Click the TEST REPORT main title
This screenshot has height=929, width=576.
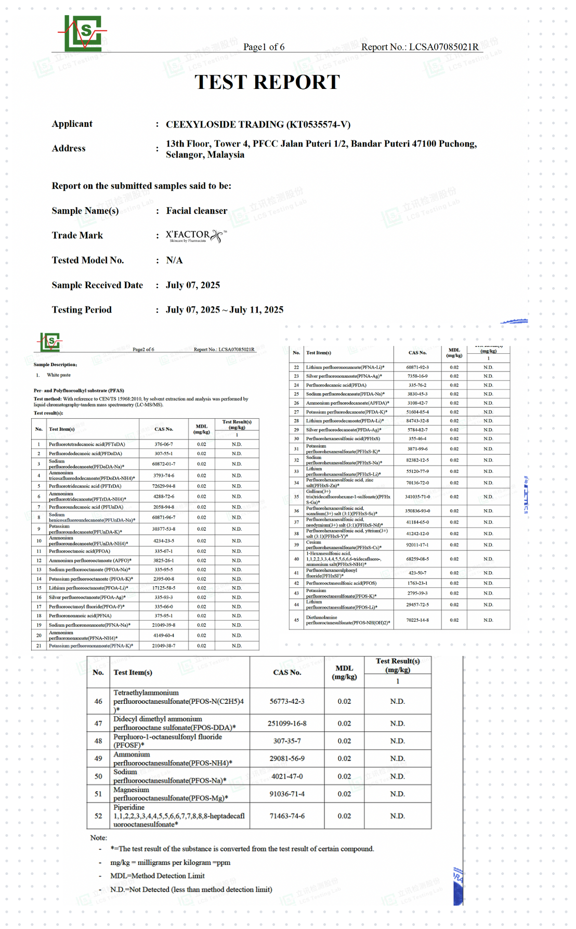coord(267,82)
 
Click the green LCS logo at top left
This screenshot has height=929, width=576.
coord(82,33)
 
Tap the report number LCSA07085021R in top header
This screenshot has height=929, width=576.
coord(443,47)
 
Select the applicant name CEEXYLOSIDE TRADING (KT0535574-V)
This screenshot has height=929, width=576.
coord(258,124)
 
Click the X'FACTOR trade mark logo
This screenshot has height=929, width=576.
coord(196,236)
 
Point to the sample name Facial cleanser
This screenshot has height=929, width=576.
coord(197,211)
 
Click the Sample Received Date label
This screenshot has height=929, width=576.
coord(97,285)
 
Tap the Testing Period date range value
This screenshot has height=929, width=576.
coord(225,310)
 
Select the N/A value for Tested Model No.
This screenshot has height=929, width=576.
coord(174,260)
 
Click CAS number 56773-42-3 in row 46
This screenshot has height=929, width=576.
coord(287,701)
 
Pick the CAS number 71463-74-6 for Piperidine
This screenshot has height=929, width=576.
coord(287,816)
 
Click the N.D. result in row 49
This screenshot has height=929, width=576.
coord(397,759)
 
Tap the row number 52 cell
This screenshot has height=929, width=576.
coord(98,816)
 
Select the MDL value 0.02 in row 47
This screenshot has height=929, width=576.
coord(344,724)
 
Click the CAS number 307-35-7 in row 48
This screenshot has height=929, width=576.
coord(287,741)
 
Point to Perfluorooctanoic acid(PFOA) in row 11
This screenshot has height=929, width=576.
coord(80,551)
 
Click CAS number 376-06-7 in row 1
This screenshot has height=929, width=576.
coord(164,445)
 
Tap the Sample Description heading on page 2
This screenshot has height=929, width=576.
coord(55,365)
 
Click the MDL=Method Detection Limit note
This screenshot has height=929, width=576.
coord(158,876)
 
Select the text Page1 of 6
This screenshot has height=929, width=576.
coord(264,47)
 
